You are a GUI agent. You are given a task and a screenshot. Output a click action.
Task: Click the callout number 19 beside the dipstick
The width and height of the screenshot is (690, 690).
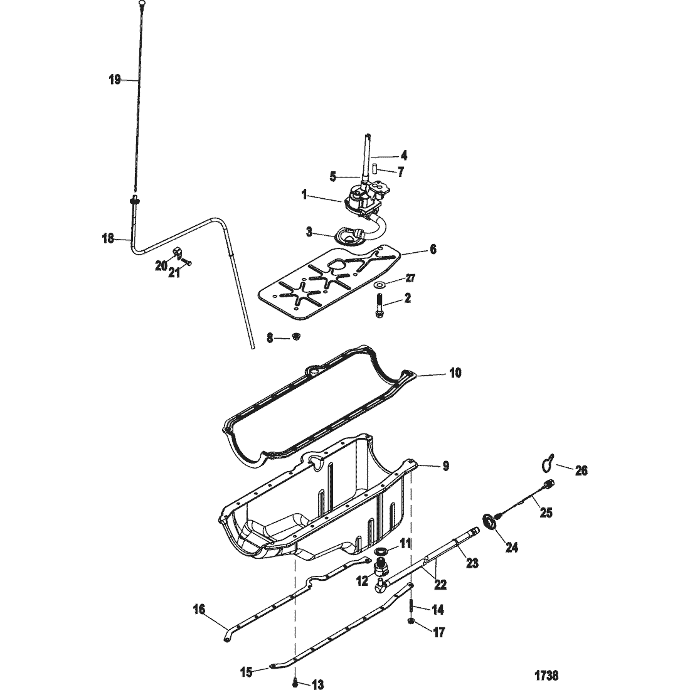point(114,80)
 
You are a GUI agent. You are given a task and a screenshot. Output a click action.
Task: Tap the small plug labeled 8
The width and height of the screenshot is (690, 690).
point(297,337)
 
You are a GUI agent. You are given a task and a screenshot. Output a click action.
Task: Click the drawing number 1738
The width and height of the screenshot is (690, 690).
point(546,674)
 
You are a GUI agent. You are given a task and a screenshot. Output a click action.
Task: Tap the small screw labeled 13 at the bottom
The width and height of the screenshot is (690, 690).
point(295,682)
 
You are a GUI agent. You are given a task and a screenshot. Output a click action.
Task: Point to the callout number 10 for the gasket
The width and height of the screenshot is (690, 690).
point(455,373)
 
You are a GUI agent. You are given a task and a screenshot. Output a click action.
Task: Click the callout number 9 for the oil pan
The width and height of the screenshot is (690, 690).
point(446,466)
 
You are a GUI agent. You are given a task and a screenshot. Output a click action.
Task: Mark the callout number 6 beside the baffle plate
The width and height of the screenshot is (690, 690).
point(433,250)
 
